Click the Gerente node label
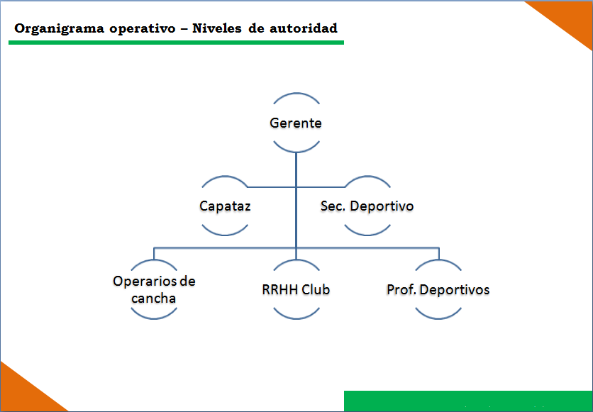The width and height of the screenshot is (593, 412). point(296,123)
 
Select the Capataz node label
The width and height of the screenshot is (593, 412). point(225,206)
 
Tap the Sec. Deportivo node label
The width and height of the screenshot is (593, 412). point(367,206)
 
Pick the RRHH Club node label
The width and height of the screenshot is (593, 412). point(296,290)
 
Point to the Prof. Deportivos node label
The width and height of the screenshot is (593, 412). point(438,290)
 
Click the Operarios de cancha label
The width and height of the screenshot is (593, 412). point(155,290)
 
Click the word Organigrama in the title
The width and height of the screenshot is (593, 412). point(60,29)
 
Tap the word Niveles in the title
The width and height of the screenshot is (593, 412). point(217,28)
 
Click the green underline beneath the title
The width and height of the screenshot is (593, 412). point(176,43)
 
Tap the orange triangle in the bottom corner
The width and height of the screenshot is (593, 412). point(23,393)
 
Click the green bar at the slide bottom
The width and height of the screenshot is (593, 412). point(468,401)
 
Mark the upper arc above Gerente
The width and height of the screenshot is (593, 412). point(296,94)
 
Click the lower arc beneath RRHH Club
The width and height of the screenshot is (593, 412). point(296,318)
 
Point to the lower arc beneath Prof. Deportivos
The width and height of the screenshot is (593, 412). point(438,318)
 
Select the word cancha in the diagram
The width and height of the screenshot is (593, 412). point(153,299)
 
